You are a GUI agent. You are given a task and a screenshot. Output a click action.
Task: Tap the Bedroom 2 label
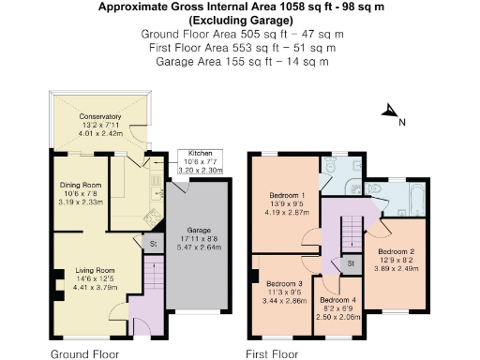396,251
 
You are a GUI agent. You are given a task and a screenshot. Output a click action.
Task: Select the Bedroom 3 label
283,283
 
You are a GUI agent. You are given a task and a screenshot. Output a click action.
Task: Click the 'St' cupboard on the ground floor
152,244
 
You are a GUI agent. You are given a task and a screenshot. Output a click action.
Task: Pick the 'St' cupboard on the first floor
349,263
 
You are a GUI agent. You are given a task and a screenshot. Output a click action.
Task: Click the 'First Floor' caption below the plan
272,353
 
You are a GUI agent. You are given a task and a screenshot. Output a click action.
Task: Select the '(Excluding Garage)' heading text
240,19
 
